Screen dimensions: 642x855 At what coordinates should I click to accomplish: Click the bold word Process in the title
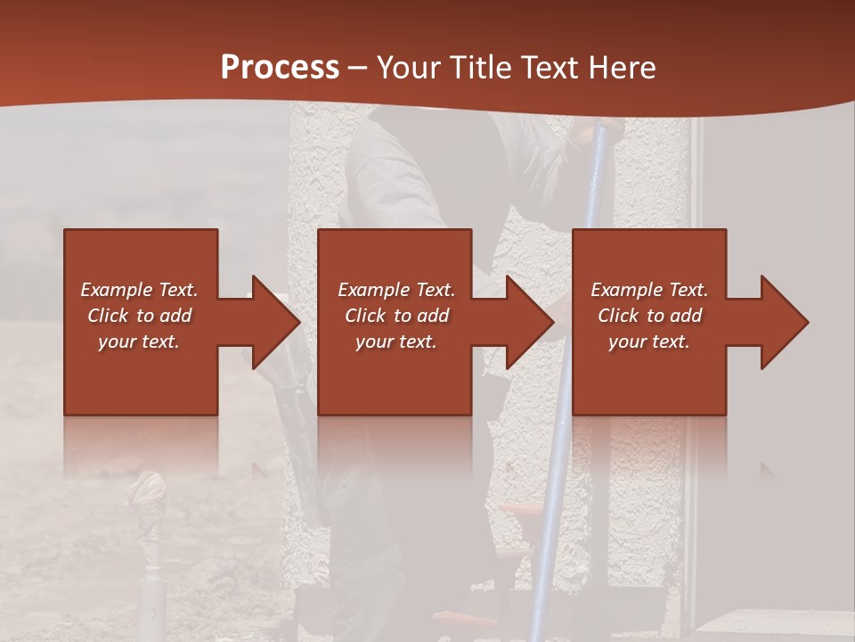pyautogui.click(x=280, y=68)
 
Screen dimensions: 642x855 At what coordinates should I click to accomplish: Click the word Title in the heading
pyautogui.click(x=482, y=68)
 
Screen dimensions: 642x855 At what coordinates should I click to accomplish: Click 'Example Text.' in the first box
pyautogui.click(x=140, y=290)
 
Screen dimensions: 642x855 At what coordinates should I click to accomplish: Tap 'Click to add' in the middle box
pyautogui.click(x=396, y=316)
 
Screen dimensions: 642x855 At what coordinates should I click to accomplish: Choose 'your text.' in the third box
pyautogui.click(x=649, y=342)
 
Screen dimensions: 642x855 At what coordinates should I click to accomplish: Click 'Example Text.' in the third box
pyautogui.click(x=649, y=290)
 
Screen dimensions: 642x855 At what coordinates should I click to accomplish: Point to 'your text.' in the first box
pyautogui.click(x=139, y=342)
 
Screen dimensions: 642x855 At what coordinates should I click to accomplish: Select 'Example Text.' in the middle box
pyautogui.click(x=396, y=290)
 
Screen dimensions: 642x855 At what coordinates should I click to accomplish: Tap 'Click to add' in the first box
pyautogui.click(x=139, y=316)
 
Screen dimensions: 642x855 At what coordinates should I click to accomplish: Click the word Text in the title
pyautogui.click(x=550, y=68)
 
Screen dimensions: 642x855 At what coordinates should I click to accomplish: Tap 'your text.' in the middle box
pyautogui.click(x=396, y=342)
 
